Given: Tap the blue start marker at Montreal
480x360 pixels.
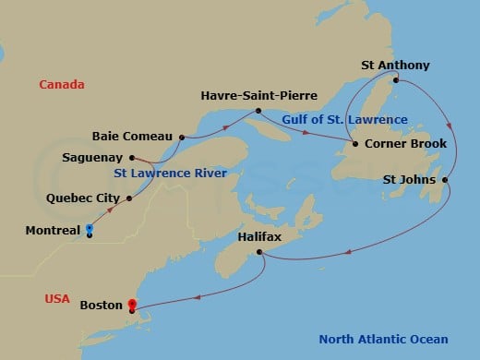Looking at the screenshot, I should tap(90, 228).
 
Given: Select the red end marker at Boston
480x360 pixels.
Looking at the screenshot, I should tap(131, 304).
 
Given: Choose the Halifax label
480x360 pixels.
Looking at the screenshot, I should tap(260, 237).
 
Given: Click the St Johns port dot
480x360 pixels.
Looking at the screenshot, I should tap(445, 179).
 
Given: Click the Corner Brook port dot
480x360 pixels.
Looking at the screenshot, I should tap(354, 144).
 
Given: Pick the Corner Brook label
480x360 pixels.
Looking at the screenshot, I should tap(405, 144).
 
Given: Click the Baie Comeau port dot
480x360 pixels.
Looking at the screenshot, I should tap(182, 138).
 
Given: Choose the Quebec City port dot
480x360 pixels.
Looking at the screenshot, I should tap(128, 198).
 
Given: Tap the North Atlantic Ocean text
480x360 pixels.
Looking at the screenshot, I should tap(383, 339).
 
